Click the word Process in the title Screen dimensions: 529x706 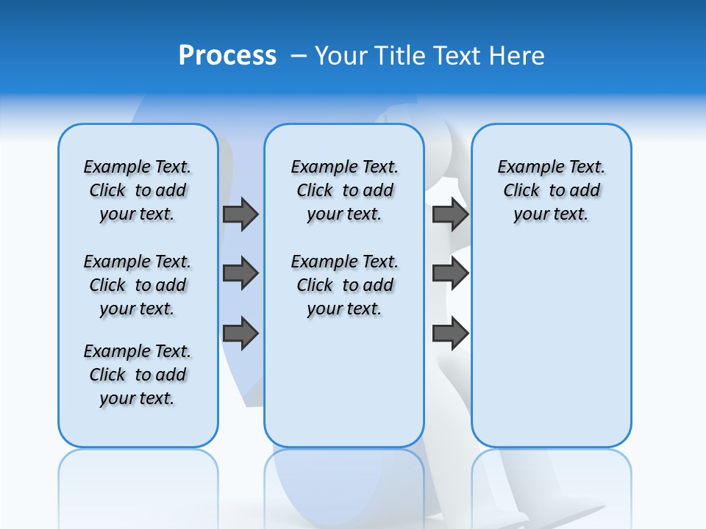(227, 55)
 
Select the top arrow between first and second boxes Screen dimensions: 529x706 (240, 215)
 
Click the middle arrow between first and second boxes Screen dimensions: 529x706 (240, 273)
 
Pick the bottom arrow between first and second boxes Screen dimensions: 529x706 (240, 334)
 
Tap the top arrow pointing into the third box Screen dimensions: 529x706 (450, 215)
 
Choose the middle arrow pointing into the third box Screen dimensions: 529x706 (450, 273)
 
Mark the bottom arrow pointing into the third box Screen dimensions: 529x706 (450, 334)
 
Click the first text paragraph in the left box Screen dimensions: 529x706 (138, 190)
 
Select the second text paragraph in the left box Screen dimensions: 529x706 (138, 285)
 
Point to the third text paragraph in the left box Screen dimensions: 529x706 (138, 375)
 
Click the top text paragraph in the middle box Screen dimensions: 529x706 (344, 190)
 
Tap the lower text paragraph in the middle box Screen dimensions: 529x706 (344, 285)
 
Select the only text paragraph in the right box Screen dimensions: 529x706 (552, 190)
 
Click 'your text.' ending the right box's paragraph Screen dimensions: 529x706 (551, 215)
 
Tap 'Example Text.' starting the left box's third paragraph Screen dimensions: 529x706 (138, 351)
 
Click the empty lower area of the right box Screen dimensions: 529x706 (552, 353)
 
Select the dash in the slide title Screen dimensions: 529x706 (299, 56)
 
